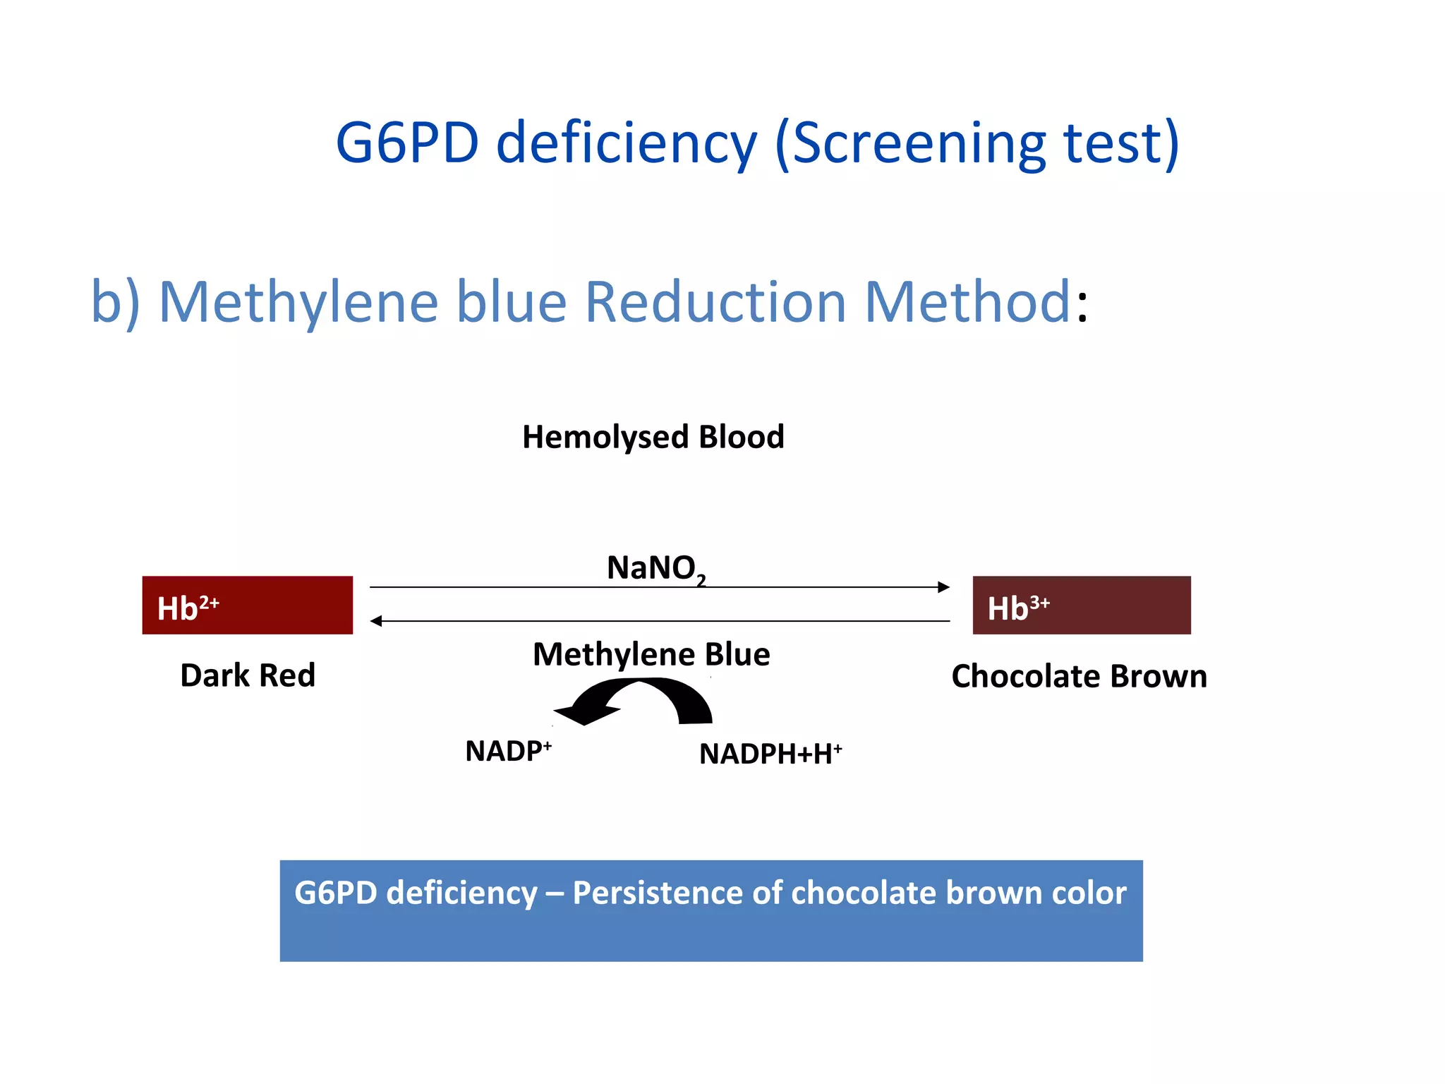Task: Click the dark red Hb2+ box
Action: pyautogui.click(x=247, y=605)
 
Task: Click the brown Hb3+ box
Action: pyautogui.click(x=1081, y=605)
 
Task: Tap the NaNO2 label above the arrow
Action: pyautogui.click(x=655, y=568)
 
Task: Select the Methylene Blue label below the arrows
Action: pyautogui.click(x=651, y=654)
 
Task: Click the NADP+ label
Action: pyautogui.click(x=508, y=751)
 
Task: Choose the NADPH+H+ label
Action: pyautogui.click(x=770, y=754)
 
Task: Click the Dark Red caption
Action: pyautogui.click(x=247, y=675)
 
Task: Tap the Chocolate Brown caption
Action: pyautogui.click(x=1079, y=676)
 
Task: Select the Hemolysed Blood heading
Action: pyautogui.click(x=653, y=437)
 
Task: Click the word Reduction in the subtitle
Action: pyautogui.click(x=715, y=302)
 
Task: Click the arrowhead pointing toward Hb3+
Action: pyautogui.click(x=943, y=587)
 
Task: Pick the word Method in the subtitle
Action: pyautogui.click(x=967, y=302)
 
